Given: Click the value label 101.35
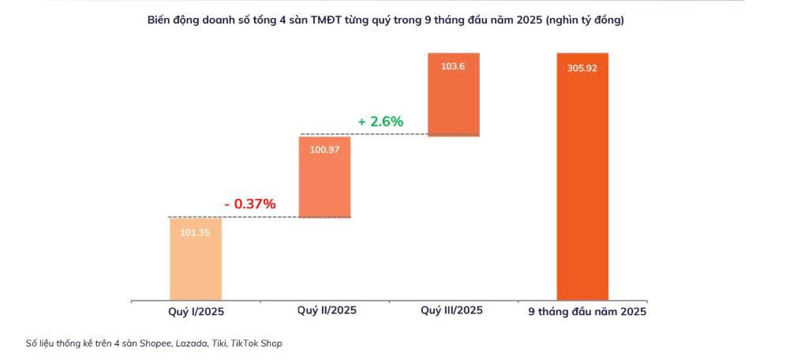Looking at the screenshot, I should [196, 233].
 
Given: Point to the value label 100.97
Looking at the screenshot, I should [324, 150].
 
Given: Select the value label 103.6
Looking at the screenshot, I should [453, 66].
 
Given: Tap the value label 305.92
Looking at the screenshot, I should [582, 68].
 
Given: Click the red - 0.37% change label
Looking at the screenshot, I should [249, 204].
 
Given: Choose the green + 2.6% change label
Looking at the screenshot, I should [380, 122].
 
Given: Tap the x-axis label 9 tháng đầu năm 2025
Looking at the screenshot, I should [587, 312].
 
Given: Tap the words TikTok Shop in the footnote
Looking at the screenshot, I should [256, 343].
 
